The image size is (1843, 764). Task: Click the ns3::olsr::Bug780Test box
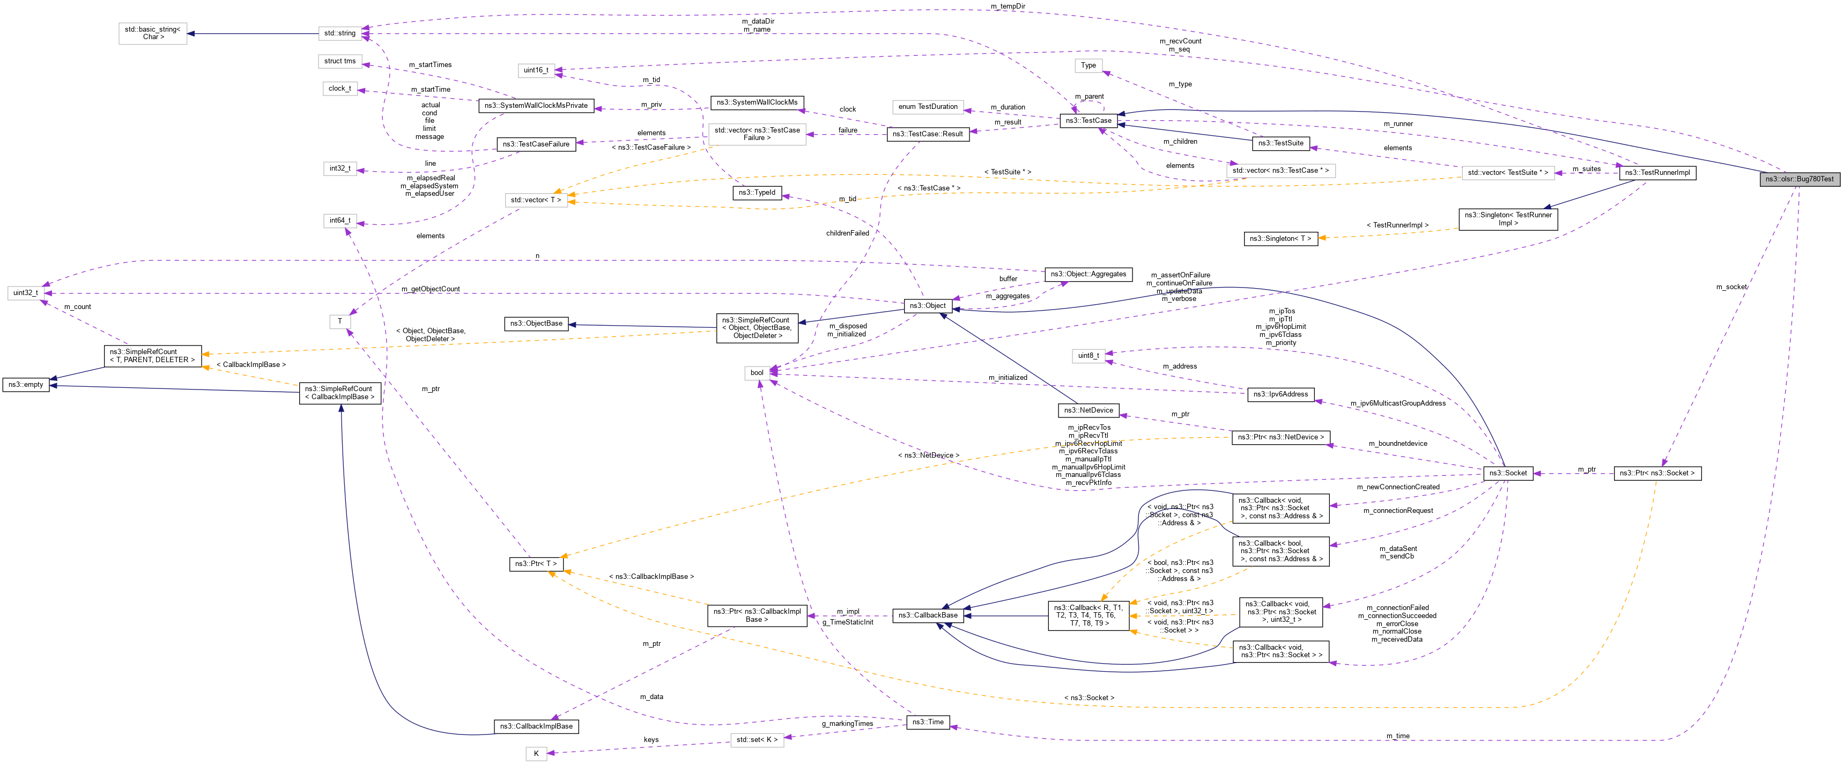pos(1798,179)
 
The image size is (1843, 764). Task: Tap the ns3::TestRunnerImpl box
pos(1657,173)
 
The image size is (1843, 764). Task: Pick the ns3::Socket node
pos(1507,473)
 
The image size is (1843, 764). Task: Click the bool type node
pos(756,372)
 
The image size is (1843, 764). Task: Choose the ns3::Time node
pos(927,722)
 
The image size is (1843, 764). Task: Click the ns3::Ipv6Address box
pos(1280,394)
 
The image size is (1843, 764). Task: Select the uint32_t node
pos(25,293)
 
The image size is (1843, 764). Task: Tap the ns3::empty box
pos(26,385)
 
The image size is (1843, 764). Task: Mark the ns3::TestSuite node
pos(1280,143)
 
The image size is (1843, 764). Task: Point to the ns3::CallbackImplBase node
pos(536,726)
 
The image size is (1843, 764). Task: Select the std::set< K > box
pos(756,740)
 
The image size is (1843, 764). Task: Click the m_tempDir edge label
pos(1008,6)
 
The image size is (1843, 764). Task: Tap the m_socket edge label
pos(1731,287)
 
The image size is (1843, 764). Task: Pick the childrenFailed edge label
pos(847,233)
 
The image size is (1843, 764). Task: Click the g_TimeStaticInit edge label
pos(847,622)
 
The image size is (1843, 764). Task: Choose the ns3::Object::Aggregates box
pos(1087,274)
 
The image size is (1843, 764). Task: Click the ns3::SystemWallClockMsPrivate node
pos(536,105)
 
